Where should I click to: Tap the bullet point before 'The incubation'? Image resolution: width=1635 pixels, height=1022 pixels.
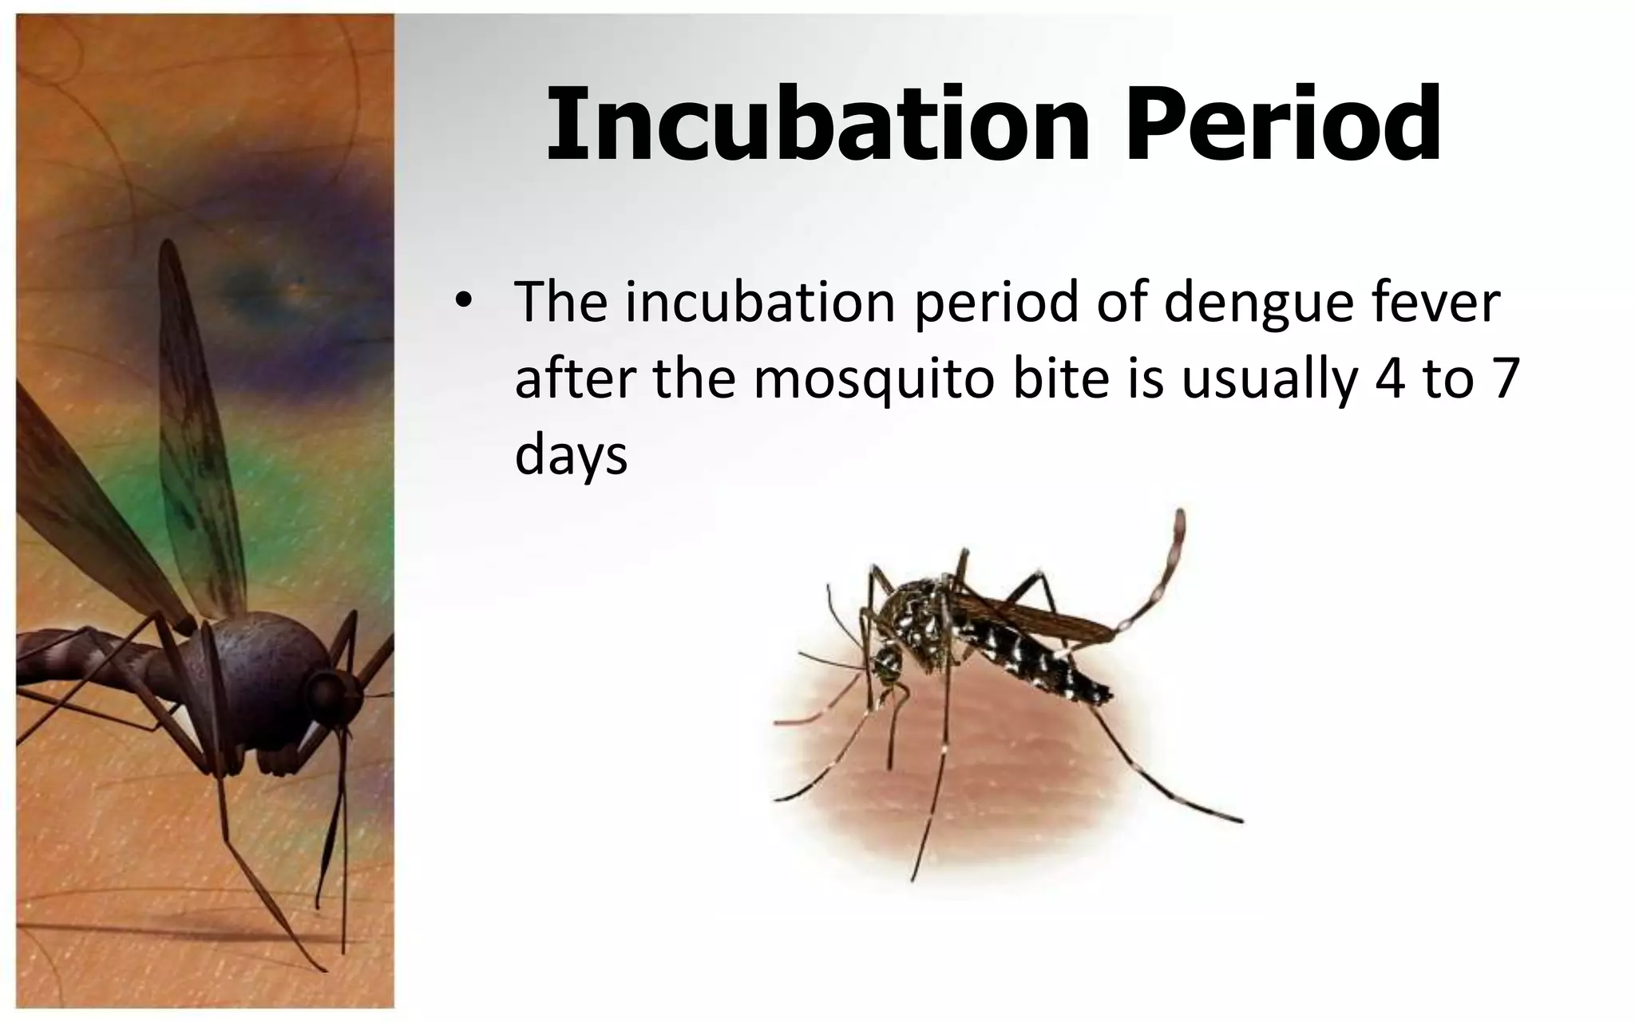(x=461, y=303)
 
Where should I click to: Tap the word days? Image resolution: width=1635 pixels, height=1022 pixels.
(x=571, y=457)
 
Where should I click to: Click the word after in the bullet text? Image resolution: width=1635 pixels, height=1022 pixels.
(x=575, y=379)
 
